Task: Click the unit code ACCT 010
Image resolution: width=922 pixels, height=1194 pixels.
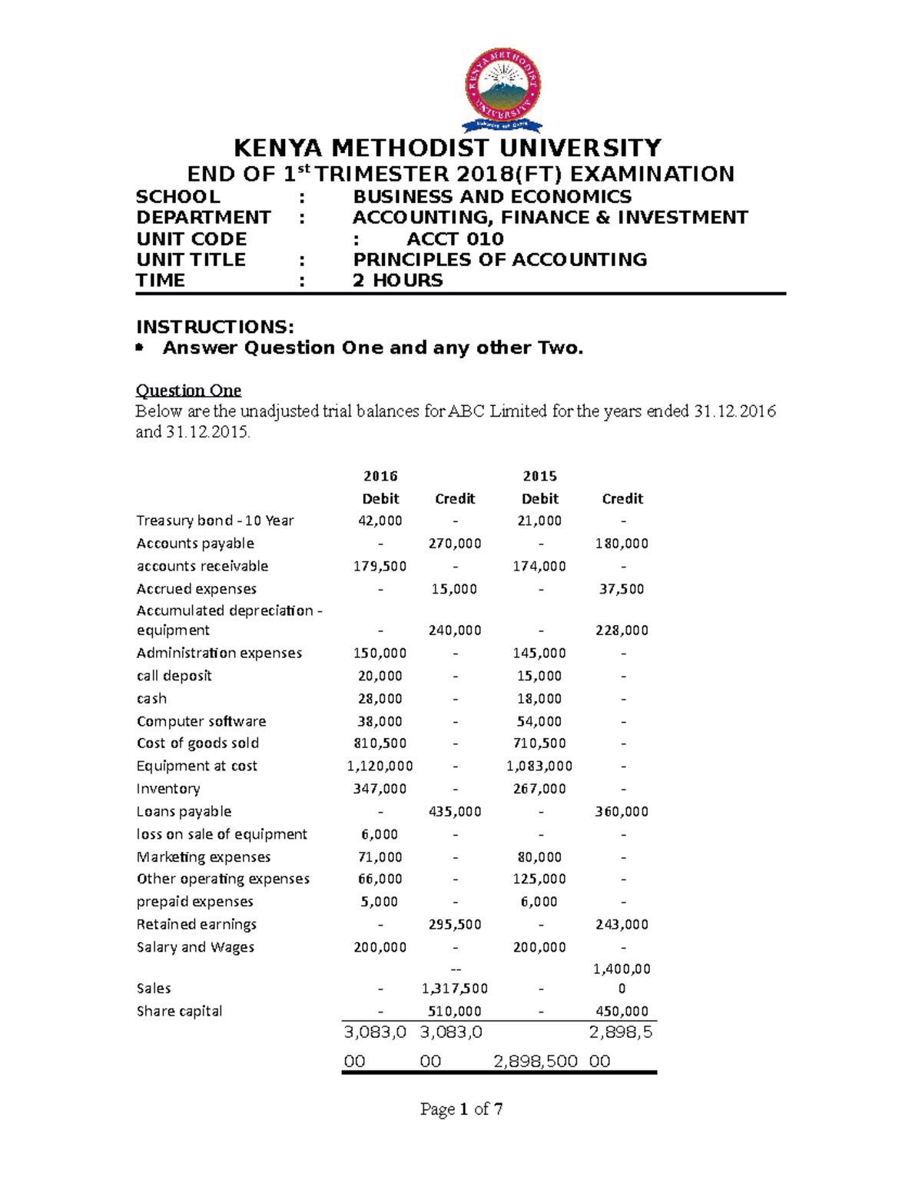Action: coord(455,239)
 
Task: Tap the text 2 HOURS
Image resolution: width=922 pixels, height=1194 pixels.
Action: coord(397,281)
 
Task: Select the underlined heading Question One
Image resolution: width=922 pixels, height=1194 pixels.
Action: coord(188,391)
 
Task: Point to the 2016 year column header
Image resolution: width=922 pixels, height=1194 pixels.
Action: coord(380,476)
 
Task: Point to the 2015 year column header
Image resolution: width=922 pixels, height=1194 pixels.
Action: coord(539,476)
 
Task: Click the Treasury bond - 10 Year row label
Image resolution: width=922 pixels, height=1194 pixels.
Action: coord(215,521)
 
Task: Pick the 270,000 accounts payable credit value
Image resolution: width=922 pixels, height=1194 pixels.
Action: coord(455,544)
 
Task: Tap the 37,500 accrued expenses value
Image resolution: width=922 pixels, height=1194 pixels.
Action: coord(622,589)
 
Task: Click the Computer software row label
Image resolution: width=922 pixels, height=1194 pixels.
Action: coord(201,721)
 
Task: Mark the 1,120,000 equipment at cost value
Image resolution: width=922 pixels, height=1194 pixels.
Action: coord(380,766)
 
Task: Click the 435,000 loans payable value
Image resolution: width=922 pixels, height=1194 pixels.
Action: coord(455,811)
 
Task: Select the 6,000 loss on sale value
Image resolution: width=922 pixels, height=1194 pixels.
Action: coord(380,834)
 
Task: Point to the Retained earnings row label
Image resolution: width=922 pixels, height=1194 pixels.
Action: coord(197,924)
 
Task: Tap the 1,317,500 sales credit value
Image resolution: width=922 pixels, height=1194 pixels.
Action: coord(455,988)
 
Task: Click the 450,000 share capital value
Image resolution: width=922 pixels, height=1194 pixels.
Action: coord(622,1011)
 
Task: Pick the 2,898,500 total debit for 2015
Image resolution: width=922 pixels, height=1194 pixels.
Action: coord(536,1061)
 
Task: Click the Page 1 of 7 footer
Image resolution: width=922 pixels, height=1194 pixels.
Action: coord(461,1109)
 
